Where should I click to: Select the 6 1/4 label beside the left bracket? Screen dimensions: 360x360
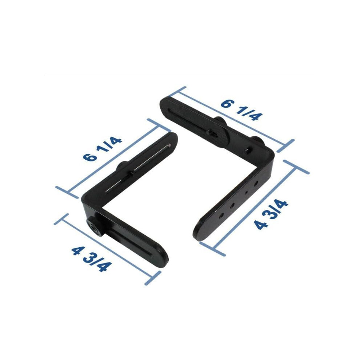coord(102,149)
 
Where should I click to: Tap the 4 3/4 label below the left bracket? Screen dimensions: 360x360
coord(92,259)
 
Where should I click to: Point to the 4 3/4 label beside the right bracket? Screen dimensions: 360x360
coord(271,214)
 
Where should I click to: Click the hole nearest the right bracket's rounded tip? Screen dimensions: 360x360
coord(221,215)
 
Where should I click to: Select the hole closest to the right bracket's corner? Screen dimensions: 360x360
coord(256,183)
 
